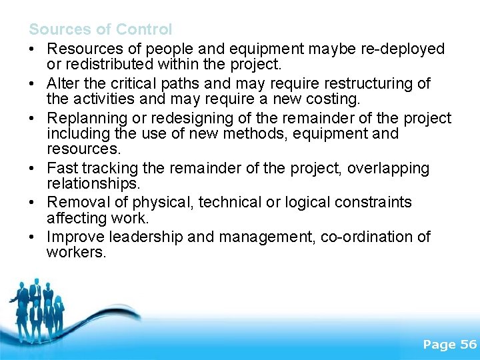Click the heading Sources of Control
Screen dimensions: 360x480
tap(100, 29)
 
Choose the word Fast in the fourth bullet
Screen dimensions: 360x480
tap(62, 168)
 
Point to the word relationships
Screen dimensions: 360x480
tap(88, 183)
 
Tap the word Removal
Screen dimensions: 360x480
tap(77, 202)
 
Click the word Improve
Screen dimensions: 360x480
tap(75, 237)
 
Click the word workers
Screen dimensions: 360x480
tap(76, 253)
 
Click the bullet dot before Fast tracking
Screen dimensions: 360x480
tap(33, 169)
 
